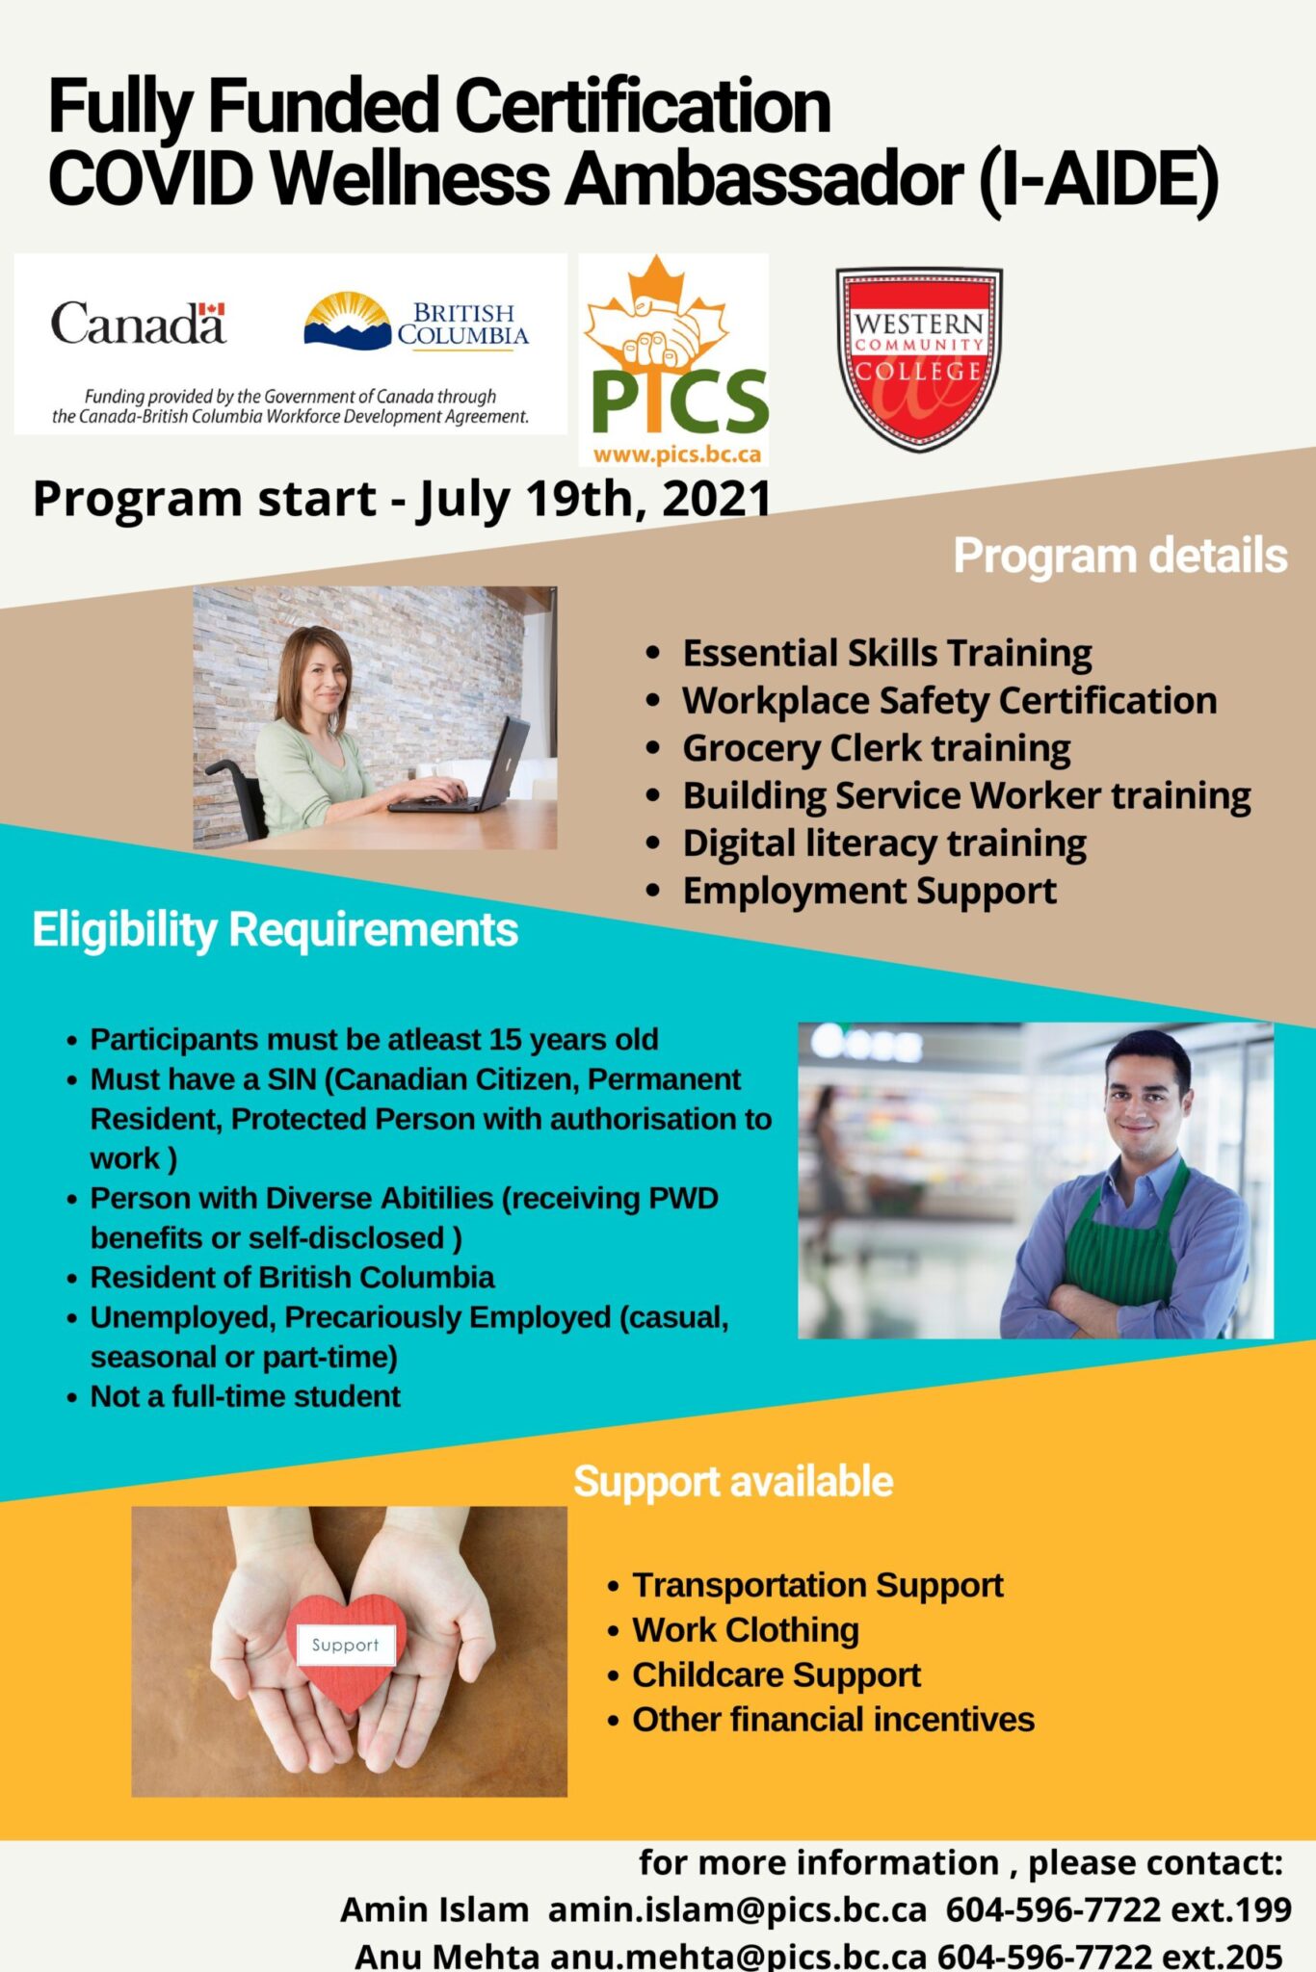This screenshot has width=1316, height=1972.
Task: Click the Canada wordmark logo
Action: coord(138,324)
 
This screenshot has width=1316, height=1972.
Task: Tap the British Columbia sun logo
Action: coord(348,320)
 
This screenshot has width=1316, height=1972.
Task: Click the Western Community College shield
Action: coord(918,357)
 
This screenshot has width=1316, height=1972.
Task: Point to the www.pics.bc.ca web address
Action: coord(676,454)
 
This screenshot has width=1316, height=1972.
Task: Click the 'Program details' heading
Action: coord(1119,556)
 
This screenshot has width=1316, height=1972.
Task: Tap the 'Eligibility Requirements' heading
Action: coord(276,930)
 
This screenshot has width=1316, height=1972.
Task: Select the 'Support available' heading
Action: coord(733,1481)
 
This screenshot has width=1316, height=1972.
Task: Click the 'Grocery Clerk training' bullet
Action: coord(876,748)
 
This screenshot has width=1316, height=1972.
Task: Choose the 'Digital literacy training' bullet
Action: coord(883,843)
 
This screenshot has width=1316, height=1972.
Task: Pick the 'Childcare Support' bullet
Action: coord(776,1674)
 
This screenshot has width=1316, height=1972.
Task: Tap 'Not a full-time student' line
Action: coord(245,1396)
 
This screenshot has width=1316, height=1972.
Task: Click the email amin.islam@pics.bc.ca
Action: coord(737,1908)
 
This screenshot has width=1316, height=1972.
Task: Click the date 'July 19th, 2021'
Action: coord(594,499)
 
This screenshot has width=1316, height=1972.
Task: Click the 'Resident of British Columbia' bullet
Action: coord(292,1277)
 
